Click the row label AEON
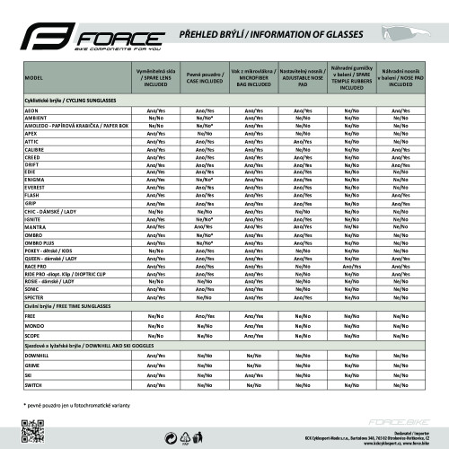31,109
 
